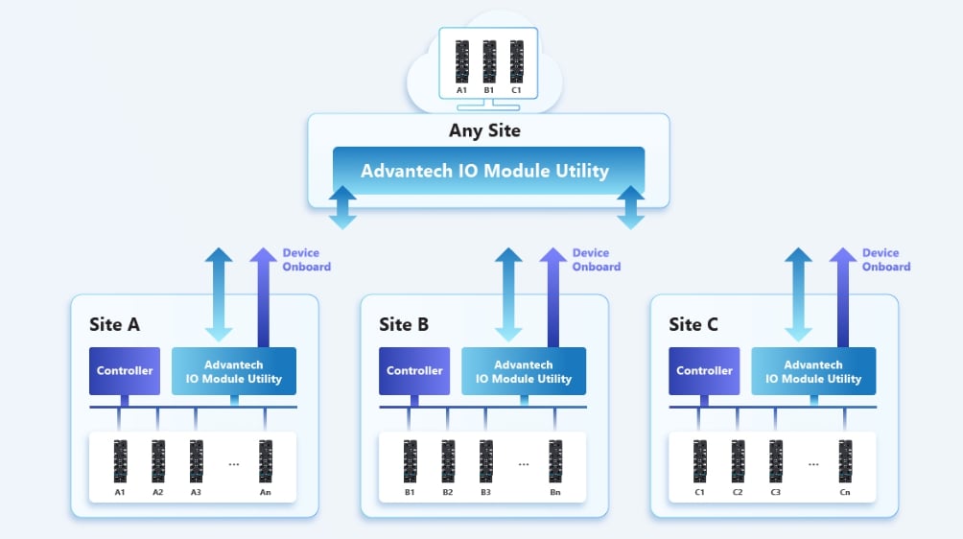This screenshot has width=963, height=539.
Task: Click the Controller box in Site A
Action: coord(125,371)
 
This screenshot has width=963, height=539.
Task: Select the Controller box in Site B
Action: coord(414,371)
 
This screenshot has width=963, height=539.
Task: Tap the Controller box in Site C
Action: coord(704,371)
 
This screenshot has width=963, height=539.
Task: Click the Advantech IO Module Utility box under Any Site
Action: coord(484,171)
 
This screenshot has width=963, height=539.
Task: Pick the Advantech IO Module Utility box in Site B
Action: coord(524,371)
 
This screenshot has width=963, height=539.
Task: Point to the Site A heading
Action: coord(114,324)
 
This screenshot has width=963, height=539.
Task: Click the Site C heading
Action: coord(693,324)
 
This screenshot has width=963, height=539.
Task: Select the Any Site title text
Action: coord(484,130)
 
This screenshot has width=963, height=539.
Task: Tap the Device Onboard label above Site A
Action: coord(307,260)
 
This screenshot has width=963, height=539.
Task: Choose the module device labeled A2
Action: coord(158,461)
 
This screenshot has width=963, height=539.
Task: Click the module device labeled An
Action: coord(266,461)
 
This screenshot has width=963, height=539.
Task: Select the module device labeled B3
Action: coord(485,461)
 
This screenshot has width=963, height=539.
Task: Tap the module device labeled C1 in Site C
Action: coord(700,461)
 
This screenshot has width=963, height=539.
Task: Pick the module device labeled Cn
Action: coord(845,461)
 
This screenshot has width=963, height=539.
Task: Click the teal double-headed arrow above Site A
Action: coord(219,293)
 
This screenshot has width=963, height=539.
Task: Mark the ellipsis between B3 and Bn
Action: coord(524,464)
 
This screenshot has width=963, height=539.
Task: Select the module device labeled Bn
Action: coord(555,461)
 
